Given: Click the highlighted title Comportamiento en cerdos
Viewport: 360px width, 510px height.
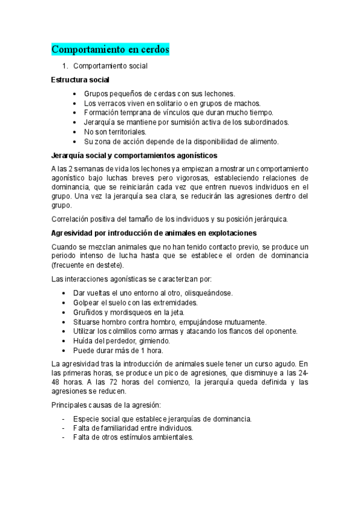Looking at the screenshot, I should coord(111,49).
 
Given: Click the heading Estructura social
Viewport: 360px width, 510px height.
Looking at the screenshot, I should coord(81,79).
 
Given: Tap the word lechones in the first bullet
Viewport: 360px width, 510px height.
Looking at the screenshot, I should coord(218,94).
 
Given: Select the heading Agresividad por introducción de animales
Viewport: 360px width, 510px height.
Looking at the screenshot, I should coord(154,232).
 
